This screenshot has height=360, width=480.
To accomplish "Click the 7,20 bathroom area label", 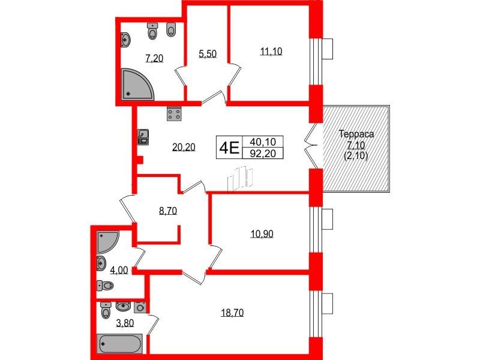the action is (155, 58).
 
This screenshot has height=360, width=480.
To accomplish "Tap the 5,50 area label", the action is (208, 54).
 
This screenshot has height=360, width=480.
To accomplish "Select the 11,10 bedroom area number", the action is (271, 52).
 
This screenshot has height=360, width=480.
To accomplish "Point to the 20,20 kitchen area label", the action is (184, 148).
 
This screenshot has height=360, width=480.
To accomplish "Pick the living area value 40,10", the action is (263, 142).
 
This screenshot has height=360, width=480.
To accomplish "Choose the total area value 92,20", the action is (263, 153).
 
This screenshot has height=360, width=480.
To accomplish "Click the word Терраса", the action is (356, 134).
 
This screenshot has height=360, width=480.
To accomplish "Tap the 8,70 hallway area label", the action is (168, 211).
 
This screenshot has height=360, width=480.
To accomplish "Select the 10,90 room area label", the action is (262, 234).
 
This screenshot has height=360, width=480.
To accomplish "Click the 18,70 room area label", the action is (232, 313).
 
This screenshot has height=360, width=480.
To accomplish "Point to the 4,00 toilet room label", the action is (119, 271).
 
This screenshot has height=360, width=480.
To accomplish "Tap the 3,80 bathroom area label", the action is (125, 323).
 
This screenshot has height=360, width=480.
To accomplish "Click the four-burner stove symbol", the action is (175, 113).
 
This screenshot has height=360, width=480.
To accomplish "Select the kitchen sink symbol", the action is (143, 137).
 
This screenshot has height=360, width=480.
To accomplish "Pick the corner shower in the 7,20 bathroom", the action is (137, 84).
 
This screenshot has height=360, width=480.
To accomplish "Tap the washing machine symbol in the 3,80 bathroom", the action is (140, 307).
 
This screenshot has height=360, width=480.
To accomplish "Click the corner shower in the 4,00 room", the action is (108, 242).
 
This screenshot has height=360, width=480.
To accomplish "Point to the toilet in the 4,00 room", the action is (105, 286).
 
